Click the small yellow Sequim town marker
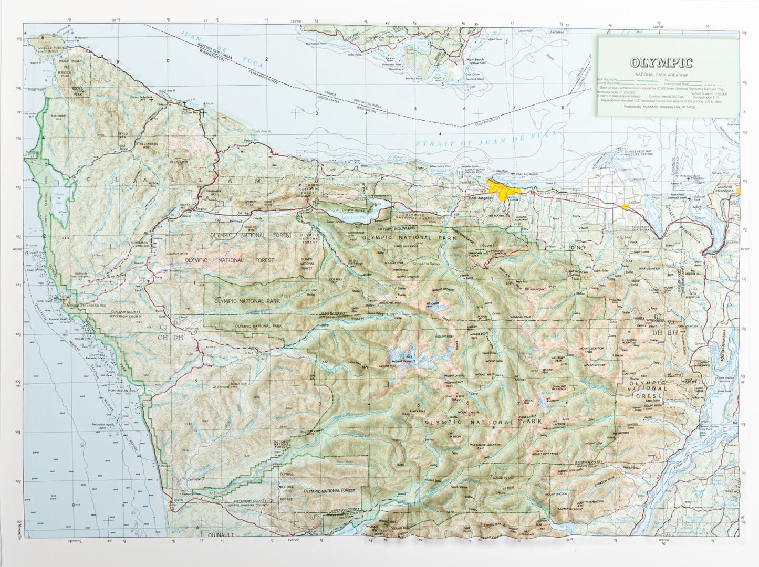tap(625, 207)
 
